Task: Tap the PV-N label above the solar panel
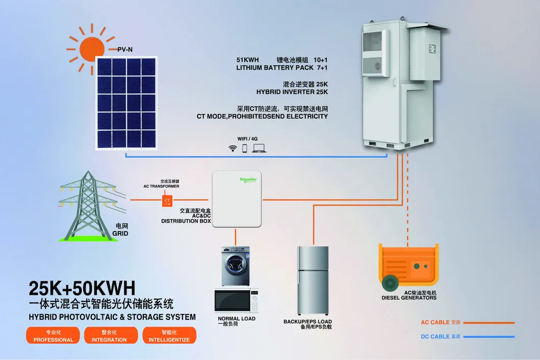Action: (x=125, y=50)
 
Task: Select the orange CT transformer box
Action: (x=167, y=200)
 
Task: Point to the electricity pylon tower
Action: (x=87, y=204)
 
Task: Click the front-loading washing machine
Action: (x=236, y=266)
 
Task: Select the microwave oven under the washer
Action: (x=236, y=300)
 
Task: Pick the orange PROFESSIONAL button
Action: (x=54, y=336)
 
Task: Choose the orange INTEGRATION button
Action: (x=109, y=336)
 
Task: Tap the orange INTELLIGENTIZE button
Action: (x=169, y=336)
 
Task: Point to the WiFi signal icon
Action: (x=233, y=148)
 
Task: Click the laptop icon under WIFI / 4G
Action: (x=259, y=148)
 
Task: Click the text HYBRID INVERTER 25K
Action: (x=292, y=92)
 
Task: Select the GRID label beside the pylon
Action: (x=120, y=233)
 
